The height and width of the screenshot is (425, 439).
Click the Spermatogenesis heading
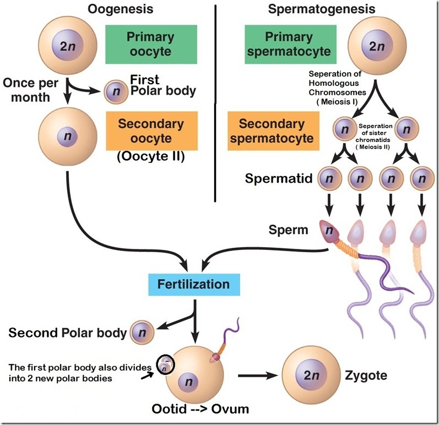coord(322,9)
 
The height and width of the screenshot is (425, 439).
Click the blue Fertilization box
coord(193,285)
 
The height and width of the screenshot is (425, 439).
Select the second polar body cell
coord(142,332)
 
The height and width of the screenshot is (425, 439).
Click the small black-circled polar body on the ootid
coord(164,364)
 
